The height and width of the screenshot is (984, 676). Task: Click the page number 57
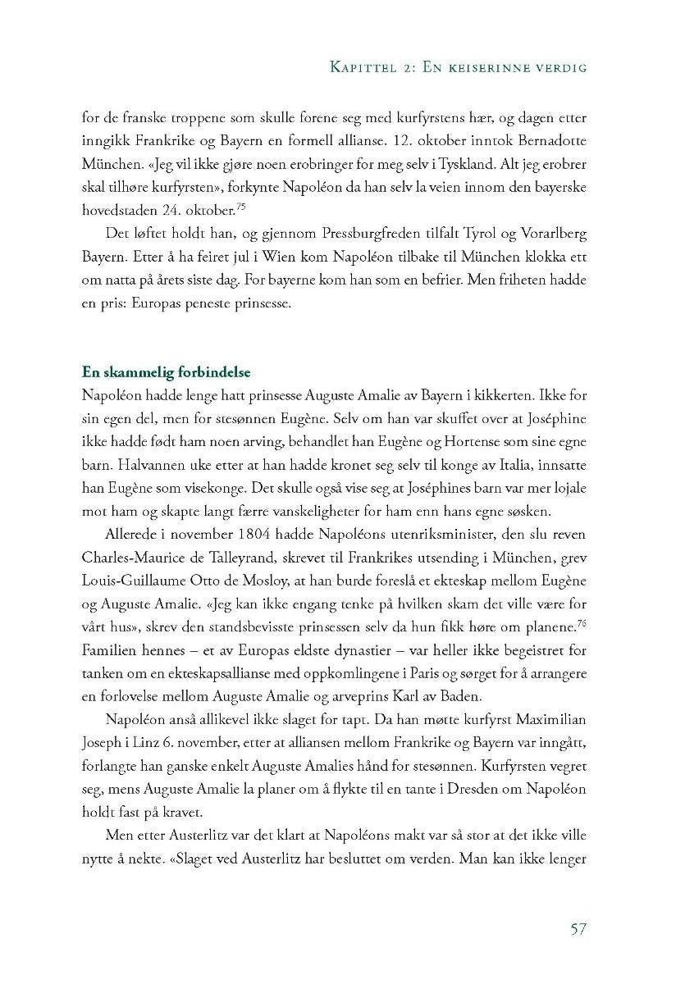[x=578, y=928]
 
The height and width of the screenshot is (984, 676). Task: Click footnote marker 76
[x=581, y=624]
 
